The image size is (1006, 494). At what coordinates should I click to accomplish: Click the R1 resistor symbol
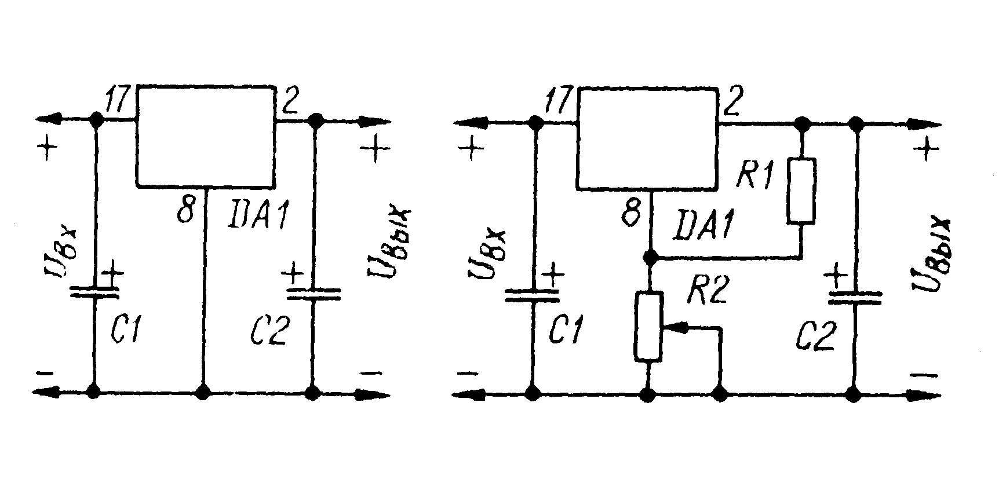(x=801, y=191)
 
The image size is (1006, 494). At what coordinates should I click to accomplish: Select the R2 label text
(x=707, y=290)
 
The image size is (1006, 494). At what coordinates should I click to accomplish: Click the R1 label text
(x=755, y=174)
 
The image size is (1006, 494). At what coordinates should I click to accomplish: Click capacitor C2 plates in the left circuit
(x=314, y=294)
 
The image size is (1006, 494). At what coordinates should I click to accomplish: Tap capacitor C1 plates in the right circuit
(x=533, y=295)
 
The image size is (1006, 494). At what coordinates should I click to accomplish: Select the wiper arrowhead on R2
(x=673, y=328)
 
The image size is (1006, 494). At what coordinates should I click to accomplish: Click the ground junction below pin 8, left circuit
(x=203, y=393)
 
